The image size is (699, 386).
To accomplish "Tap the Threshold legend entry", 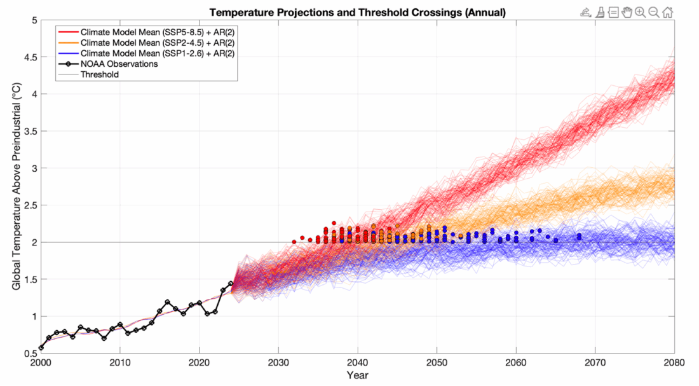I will pyautogui.click(x=99, y=74).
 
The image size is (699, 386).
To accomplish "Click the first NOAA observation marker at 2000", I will pyautogui.click(x=41, y=348).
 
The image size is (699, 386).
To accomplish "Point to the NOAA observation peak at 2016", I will pyautogui.click(x=167, y=302).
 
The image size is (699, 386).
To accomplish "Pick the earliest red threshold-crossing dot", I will pyautogui.click(x=294, y=242).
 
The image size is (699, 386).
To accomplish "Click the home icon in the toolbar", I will pyautogui.click(x=668, y=12).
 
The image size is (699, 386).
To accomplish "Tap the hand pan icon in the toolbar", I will pyautogui.click(x=627, y=12).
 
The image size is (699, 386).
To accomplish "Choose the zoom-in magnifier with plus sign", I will pyautogui.click(x=640, y=12).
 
